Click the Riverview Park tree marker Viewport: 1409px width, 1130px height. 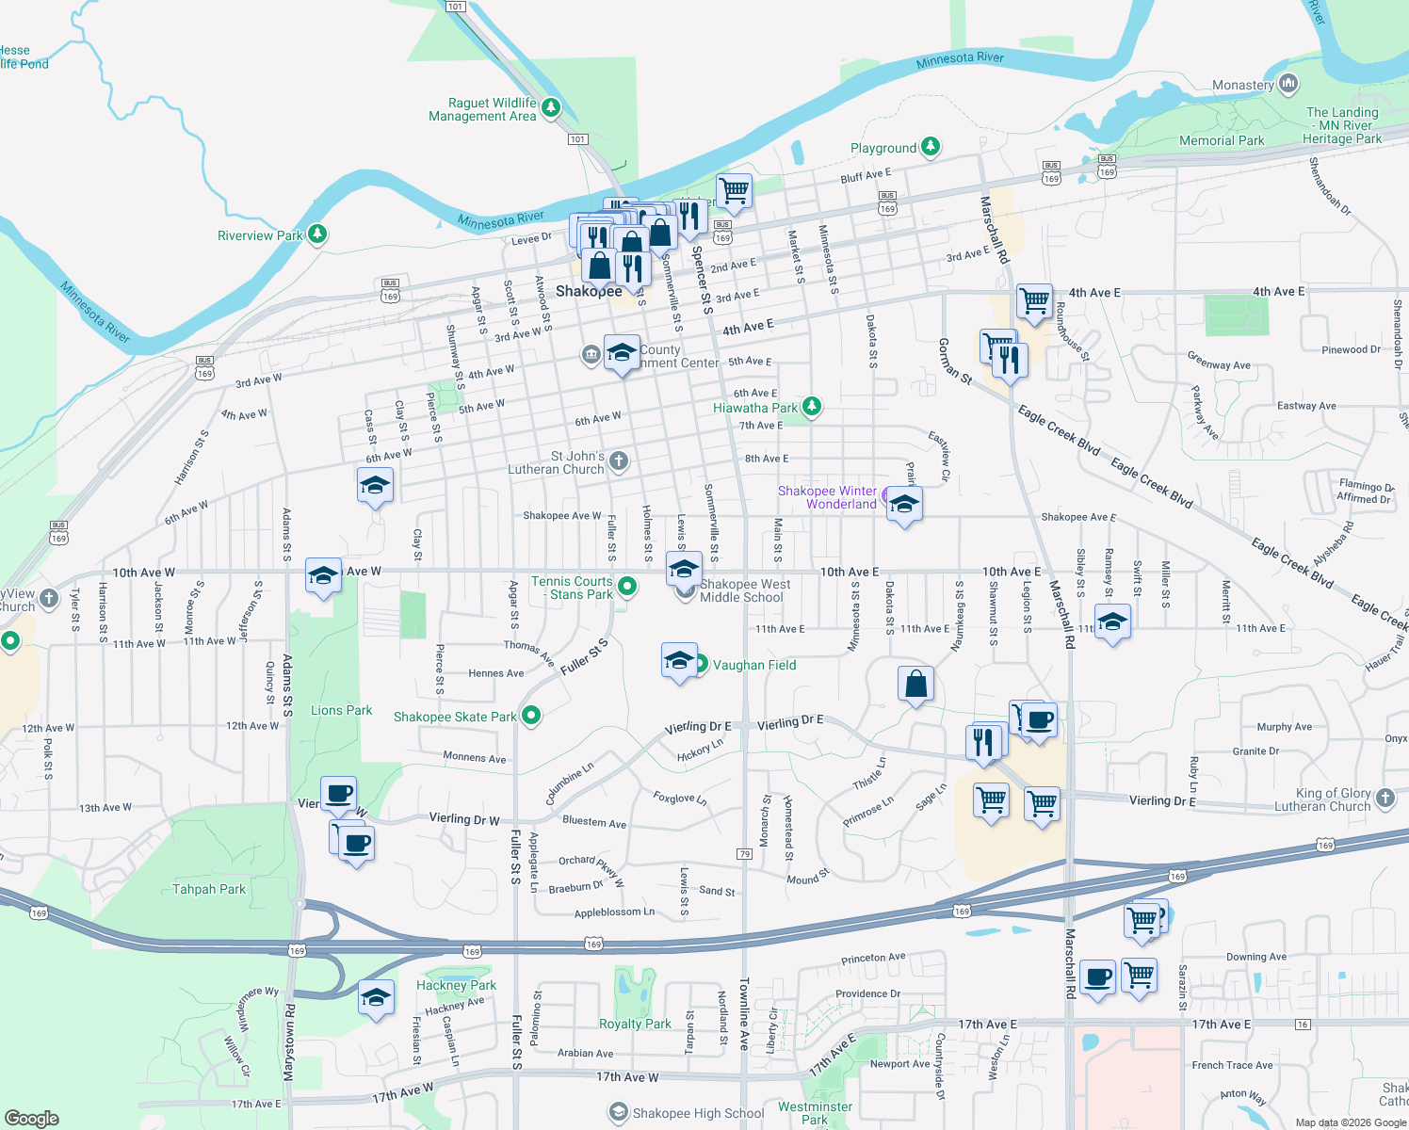pyautogui.click(x=317, y=234)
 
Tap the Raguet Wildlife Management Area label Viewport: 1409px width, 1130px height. pyautogui.click(x=482, y=110)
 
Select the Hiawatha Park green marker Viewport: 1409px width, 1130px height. pyautogui.click(x=811, y=407)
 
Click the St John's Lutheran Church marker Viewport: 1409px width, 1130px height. pyautogui.click(x=618, y=460)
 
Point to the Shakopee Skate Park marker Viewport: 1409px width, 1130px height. pyautogui.click(x=531, y=716)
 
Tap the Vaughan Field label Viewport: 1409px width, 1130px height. pyautogui.click(x=754, y=665)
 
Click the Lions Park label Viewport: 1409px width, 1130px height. pyautogui.click(x=341, y=710)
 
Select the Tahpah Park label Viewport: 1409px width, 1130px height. pyautogui.click(x=209, y=889)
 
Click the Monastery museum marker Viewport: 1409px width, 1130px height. pyautogui.click(x=1288, y=85)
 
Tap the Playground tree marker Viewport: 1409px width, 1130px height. pyautogui.click(x=931, y=146)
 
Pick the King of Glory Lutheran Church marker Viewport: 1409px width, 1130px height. pyautogui.click(x=1385, y=799)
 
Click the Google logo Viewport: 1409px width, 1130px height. pyautogui.click(x=32, y=1118)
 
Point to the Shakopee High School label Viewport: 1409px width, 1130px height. pyautogui.click(x=698, y=1113)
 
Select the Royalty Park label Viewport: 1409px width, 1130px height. pyautogui.click(x=636, y=1024)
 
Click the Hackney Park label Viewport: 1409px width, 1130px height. pyautogui.click(x=456, y=985)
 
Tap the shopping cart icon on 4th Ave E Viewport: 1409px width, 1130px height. pyautogui.click(x=1034, y=301)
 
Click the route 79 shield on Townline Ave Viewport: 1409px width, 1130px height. pyautogui.click(x=744, y=854)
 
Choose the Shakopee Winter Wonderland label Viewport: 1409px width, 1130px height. pyautogui.click(x=827, y=497)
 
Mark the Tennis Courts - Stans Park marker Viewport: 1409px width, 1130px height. pyautogui.click(x=626, y=587)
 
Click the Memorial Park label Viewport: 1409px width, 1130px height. pyautogui.click(x=1222, y=140)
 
